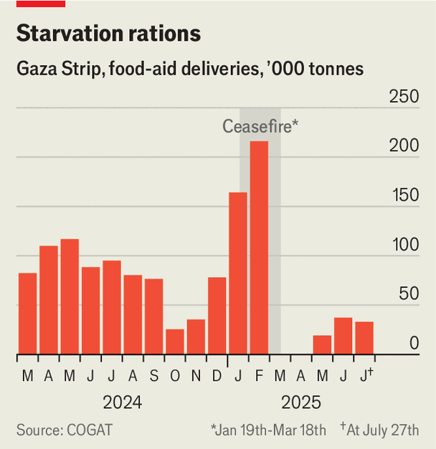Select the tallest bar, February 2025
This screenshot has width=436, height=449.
258,247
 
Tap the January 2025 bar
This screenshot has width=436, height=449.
237,273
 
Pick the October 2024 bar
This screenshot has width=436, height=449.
174,342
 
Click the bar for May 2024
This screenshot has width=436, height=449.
70,296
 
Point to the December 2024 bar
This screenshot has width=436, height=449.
217,315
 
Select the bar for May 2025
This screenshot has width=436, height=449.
322,344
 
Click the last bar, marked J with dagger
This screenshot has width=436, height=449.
364,338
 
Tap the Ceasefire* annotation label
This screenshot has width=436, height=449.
260,127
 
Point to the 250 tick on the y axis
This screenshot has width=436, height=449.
403,97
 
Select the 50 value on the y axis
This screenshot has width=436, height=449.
409,294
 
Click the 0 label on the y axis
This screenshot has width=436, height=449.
414,344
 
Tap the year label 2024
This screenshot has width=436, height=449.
122,402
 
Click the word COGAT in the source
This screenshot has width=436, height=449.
90,430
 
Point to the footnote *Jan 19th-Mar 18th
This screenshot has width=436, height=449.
268,430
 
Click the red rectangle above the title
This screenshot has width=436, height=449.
41,4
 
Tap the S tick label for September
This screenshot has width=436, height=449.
153,376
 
